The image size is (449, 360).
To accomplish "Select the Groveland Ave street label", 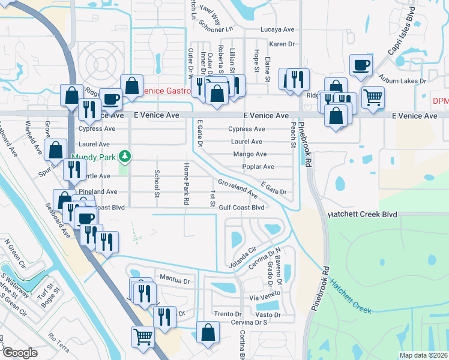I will [x=238, y=188].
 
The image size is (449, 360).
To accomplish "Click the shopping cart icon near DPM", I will [x=373, y=97].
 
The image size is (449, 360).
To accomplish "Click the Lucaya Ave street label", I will [x=277, y=29].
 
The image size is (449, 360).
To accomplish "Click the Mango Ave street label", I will [x=246, y=154].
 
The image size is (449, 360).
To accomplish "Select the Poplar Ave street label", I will [x=258, y=167].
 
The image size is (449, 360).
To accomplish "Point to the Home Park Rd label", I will [x=187, y=184].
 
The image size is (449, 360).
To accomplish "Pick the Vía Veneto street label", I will [x=265, y=298].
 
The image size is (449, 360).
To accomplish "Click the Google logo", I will [x=20, y=352].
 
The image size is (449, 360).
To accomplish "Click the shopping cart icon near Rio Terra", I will [x=143, y=337].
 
